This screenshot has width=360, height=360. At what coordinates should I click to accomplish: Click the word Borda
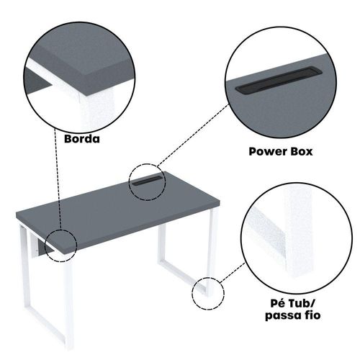click(x=82, y=139)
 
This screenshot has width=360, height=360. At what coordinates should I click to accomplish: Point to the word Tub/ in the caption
click(x=302, y=303)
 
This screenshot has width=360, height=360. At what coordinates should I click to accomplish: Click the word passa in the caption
click(x=283, y=315)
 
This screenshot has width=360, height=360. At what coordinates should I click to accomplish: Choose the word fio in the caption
click(x=312, y=315)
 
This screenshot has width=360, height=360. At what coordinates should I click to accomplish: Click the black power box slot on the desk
click(x=147, y=181)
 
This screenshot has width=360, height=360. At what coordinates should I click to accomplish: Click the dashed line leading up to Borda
click(x=58, y=179)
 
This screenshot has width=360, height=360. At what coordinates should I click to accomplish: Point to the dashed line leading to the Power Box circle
click(x=194, y=135)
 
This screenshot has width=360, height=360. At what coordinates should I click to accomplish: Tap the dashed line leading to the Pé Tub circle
click(x=232, y=273)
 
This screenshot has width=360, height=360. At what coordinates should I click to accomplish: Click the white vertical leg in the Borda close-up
click(x=97, y=112)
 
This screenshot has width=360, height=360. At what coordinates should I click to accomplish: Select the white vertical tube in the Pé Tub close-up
click(x=297, y=230)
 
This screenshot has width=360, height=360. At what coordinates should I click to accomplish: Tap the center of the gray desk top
click(x=117, y=211)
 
